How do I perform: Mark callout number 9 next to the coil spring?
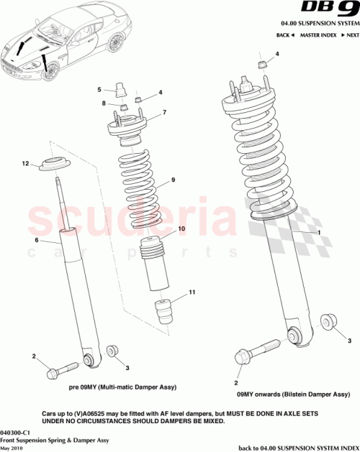pos(173,180)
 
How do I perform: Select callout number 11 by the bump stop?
pos(192,292)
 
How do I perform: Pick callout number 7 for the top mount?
pos(164,112)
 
